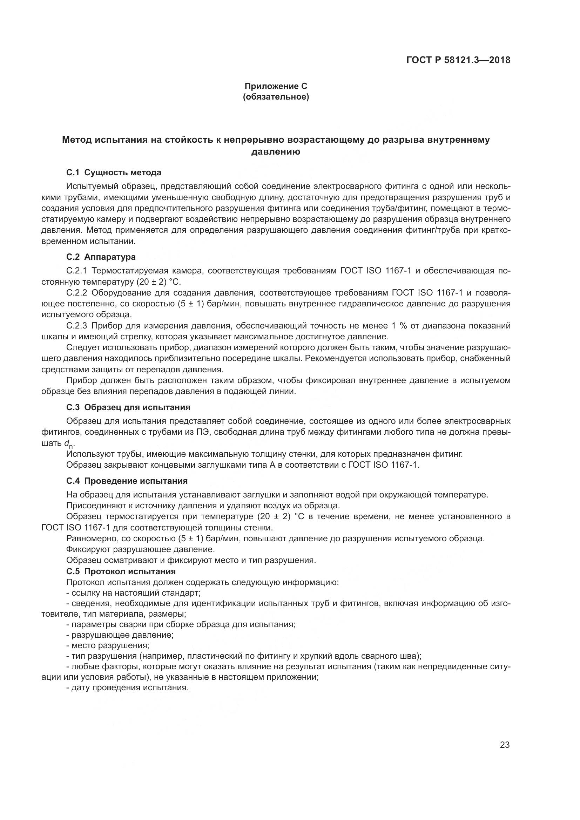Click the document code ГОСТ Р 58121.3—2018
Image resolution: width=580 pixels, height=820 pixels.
(458, 60)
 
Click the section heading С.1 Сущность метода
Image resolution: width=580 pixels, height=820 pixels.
(114, 172)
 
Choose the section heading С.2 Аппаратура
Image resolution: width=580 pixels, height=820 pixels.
(101, 257)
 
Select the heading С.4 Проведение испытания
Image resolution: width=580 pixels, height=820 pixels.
(127, 481)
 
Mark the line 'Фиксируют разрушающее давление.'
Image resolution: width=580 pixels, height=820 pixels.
(140, 549)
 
